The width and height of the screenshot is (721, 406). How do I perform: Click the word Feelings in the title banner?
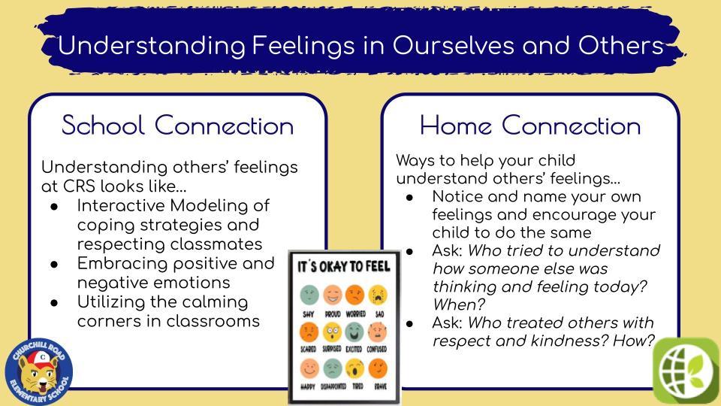[x=303, y=47]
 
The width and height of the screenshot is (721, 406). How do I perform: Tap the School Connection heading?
[x=177, y=126]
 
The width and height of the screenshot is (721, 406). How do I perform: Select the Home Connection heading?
[x=530, y=126]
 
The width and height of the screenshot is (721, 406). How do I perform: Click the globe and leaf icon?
[x=686, y=371]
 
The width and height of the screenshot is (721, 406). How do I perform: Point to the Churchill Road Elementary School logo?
[x=39, y=372]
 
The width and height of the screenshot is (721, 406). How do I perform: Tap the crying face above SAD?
[x=378, y=295]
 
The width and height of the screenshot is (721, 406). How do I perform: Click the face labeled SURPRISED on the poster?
[x=331, y=332]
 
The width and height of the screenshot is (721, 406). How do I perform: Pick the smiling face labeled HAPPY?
[x=309, y=368]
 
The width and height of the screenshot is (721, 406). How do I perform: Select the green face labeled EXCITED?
[x=354, y=332]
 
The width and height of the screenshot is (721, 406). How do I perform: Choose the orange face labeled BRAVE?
[x=378, y=368]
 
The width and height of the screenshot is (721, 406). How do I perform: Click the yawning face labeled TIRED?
[x=354, y=368]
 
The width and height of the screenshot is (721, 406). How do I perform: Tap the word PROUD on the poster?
[x=333, y=314]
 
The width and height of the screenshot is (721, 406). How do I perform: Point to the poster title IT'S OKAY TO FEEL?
[x=344, y=266]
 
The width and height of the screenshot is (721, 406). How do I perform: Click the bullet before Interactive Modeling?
[x=54, y=207]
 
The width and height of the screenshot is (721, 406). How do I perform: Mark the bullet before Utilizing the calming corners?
[x=54, y=303]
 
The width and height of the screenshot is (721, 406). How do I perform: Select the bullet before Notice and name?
[x=409, y=198]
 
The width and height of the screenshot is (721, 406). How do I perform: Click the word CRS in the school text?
[x=79, y=186]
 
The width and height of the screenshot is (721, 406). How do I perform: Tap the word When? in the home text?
[x=459, y=304]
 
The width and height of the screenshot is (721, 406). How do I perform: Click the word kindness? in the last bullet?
[x=570, y=341]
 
